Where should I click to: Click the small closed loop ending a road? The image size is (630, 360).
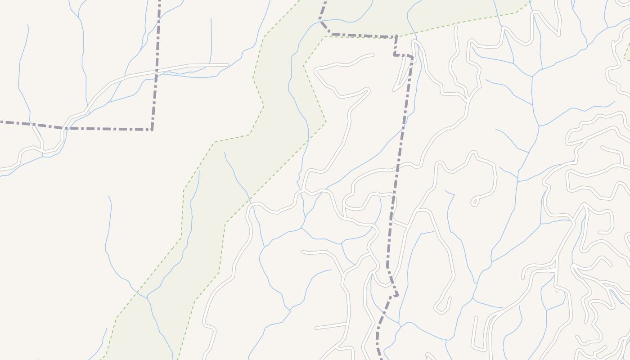474,202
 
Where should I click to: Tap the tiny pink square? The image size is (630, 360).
556,292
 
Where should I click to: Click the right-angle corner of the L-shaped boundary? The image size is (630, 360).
152,130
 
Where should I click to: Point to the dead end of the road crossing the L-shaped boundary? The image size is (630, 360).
227,65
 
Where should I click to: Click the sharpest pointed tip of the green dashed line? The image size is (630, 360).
326,122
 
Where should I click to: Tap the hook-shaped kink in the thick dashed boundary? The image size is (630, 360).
396,295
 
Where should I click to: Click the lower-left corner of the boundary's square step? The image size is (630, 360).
395,55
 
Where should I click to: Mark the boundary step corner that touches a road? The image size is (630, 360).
412,57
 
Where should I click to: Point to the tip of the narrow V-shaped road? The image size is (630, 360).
394,90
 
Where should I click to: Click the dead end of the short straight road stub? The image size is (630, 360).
316,328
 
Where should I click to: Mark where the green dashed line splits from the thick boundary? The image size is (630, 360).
396,36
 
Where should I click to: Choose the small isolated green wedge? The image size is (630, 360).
627,56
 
